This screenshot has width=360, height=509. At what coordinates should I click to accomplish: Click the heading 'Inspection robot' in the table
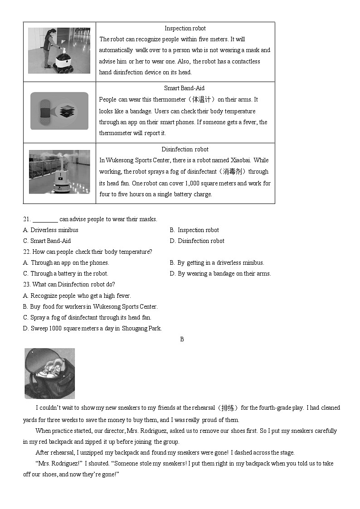(x=185, y=28)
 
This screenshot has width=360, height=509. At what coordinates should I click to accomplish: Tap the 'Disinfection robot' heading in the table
(x=185, y=149)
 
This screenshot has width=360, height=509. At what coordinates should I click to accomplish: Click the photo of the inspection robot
(x=59, y=51)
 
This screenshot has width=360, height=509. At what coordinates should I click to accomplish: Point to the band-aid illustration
(x=59, y=111)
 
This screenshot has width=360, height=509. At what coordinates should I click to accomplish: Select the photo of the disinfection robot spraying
(x=59, y=172)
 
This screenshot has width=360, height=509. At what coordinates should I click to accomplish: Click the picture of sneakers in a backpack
(x=50, y=373)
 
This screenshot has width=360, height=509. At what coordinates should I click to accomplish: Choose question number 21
(x=27, y=219)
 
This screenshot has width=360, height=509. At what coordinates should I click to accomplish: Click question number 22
(x=27, y=252)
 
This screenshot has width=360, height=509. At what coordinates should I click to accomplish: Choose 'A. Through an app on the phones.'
(x=66, y=263)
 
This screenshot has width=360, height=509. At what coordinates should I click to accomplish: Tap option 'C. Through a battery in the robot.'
(x=66, y=274)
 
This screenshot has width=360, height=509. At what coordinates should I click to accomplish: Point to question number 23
(x=27, y=285)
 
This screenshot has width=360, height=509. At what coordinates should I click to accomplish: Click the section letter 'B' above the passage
(x=182, y=339)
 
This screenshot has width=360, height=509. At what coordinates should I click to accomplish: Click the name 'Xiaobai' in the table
(x=241, y=160)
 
